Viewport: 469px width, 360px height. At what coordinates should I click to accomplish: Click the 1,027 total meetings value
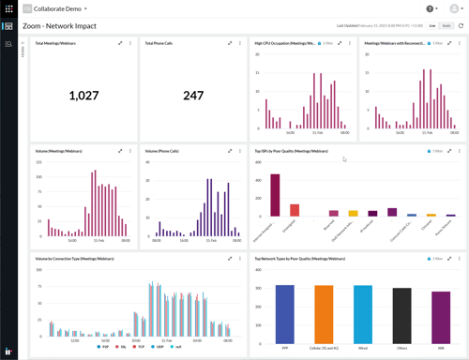coord(83,96)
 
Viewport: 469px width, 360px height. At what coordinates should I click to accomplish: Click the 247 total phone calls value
coord(193,96)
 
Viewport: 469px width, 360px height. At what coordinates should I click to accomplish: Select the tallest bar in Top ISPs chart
coord(275,195)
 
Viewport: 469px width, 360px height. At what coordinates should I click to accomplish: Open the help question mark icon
coord(431,8)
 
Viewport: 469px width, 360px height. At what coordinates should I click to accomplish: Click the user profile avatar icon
coord(454,8)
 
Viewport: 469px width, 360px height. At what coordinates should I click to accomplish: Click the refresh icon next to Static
coord(461,25)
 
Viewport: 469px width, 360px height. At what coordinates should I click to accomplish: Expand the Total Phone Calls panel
coord(229,43)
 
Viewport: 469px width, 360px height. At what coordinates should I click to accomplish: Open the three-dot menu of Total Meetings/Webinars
coord(129,43)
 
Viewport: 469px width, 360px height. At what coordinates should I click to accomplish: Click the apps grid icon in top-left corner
coord(8,8)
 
